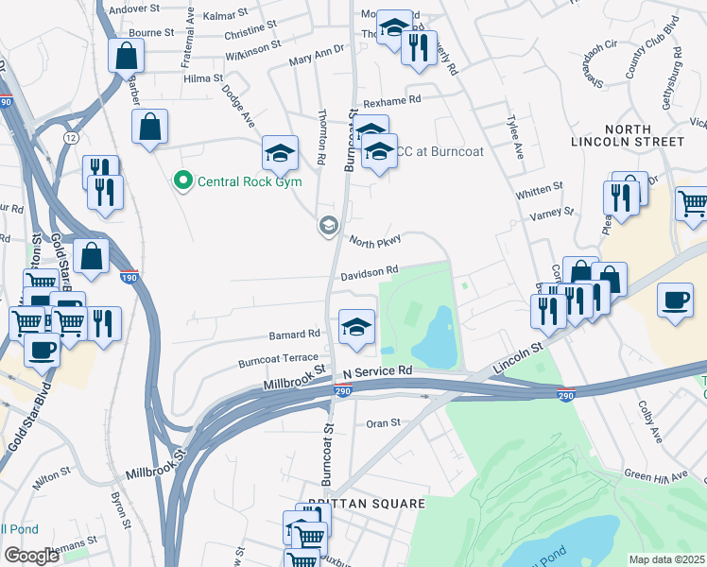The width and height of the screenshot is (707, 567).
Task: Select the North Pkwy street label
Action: pyautogui.click(x=375, y=241)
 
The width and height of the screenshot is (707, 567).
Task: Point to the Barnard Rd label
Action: pyautogui.click(x=294, y=334)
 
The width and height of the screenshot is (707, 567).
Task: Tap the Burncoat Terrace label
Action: pyautogui.click(x=279, y=360)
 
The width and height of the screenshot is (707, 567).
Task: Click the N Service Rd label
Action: pyautogui.click(x=378, y=371)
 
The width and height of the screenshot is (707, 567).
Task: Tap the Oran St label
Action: pyautogui.click(x=383, y=422)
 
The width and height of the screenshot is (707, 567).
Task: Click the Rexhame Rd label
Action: pyautogui.click(x=391, y=99)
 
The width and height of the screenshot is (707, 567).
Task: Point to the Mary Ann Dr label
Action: pyautogui.click(x=317, y=59)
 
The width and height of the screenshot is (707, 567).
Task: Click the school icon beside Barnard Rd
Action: pyautogui.click(x=355, y=326)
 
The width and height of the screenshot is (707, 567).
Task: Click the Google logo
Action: pyautogui.click(x=31, y=556)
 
